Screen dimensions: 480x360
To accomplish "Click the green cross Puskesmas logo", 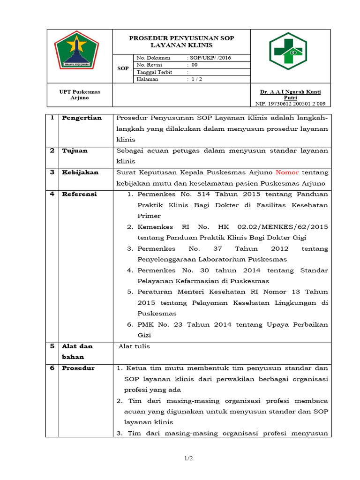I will (x=287, y=51).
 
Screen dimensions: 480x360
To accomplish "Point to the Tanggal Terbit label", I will (x=154, y=72).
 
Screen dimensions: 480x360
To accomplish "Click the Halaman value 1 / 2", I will (x=194, y=79).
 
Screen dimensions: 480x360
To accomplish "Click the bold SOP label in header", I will (x=123, y=68).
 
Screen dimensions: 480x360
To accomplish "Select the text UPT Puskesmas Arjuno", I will (x=80, y=95).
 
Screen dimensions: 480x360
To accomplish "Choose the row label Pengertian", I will (x=82, y=118).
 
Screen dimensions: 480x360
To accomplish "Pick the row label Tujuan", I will (x=75, y=150).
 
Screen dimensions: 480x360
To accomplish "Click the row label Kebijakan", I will (x=80, y=172).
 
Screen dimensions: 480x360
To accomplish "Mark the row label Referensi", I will (x=79, y=194).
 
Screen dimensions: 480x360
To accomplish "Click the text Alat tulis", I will (x=134, y=346).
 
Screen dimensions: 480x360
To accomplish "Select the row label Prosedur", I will (x=78, y=368).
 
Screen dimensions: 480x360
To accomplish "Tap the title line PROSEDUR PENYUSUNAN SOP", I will (x=181, y=38).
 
